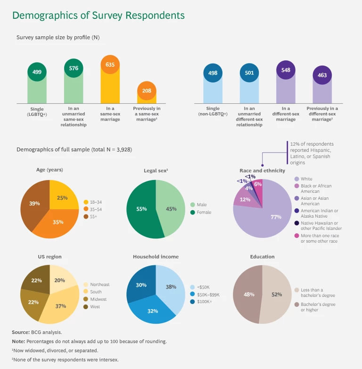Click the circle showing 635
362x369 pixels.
point(110,65)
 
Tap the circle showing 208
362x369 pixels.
point(147,91)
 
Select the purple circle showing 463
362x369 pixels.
point(322,75)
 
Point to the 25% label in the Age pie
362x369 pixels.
point(62,197)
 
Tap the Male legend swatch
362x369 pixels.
point(193,205)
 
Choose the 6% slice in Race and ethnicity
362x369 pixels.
point(257,185)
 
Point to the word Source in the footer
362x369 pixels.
point(21,332)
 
